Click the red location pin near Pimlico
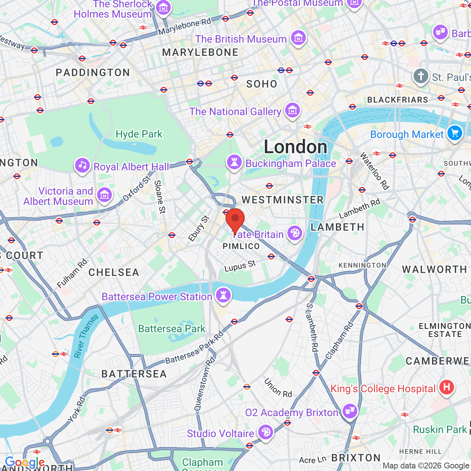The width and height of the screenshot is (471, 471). [235, 219]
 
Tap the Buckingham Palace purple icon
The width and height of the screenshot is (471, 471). [234, 162]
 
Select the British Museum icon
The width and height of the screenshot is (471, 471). [298, 38]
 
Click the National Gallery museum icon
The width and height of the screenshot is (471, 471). [293, 110]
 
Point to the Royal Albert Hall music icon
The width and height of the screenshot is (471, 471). [83, 166]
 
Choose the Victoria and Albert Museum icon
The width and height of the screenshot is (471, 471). [105, 195]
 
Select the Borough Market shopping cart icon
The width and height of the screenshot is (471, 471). [455, 133]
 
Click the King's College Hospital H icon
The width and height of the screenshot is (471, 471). [446, 387]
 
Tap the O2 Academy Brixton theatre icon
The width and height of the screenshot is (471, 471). [350, 411]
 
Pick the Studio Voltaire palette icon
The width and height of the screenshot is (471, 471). [265, 432]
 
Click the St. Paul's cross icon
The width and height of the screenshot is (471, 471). [421, 77]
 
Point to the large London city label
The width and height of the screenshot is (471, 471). [295, 147]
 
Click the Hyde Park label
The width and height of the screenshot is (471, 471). [139, 134]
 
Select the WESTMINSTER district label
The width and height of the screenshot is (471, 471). [283, 200]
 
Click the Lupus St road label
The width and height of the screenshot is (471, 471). [240, 266]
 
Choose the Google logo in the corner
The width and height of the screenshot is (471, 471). [25, 462]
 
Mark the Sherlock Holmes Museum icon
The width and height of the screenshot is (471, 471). [163, 7]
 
